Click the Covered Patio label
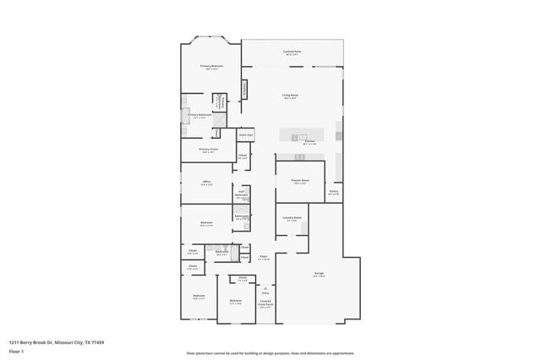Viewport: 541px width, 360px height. click(x=292, y=52)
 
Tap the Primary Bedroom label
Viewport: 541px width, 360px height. click(x=211, y=66)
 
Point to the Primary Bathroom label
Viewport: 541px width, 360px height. click(x=199, y=115)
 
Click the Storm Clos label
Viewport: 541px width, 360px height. click(x=245, y=135)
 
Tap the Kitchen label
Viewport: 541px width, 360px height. click(x=309, y=141)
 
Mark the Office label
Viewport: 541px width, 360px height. click(x=206, y=182)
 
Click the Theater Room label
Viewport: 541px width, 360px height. click(x=300, y=181)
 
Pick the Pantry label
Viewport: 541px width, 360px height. click(x=334, y=192)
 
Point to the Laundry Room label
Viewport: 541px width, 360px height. click(x=292, y=218)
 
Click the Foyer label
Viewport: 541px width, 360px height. click(x=264, y=257)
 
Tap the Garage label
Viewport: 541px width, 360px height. click(x=319, y=274)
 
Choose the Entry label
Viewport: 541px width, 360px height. click(x=265, y=292)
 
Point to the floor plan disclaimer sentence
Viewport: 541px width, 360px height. click(x=270, y=353)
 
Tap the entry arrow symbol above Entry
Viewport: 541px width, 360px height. click(x=265, y=287)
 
